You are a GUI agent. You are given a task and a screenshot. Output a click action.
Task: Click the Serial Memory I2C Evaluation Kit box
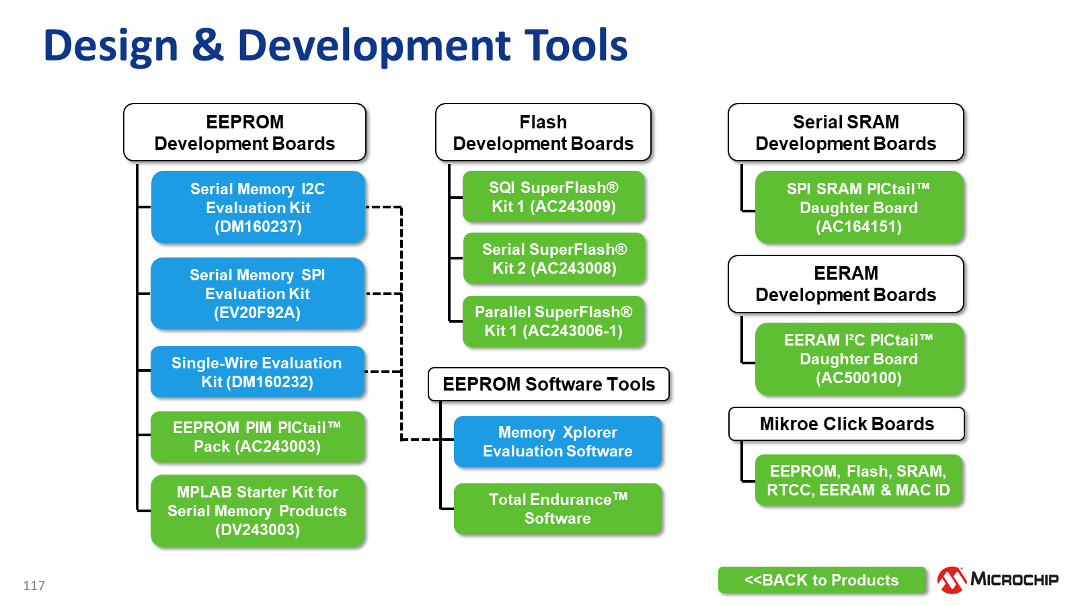click(258, 207)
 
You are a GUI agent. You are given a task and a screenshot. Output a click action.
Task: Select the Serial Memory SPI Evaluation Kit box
click(258, 294)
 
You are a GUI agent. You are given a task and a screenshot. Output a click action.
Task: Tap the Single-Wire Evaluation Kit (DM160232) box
click(258, 372)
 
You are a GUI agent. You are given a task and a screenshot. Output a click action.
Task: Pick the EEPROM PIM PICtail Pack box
click(258, 437)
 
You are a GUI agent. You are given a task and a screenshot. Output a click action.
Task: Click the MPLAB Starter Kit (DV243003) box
click(258, 511)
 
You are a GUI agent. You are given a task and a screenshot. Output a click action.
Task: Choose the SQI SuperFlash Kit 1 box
click(553, 197)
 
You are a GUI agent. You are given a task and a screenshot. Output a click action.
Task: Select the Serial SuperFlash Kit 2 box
click(554, 259)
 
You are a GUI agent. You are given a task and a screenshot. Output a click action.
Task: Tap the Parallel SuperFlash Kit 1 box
click(553, 321)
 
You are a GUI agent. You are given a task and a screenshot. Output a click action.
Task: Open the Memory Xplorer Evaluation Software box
click(558, 442)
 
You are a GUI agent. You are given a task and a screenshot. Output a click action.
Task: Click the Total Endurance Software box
click(558, 509)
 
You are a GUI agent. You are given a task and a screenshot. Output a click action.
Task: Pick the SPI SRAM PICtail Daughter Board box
click(859, 207)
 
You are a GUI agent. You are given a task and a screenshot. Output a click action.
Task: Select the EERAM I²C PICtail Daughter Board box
click(859, 359)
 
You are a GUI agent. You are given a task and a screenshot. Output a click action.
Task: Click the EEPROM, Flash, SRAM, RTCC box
click(859, 481)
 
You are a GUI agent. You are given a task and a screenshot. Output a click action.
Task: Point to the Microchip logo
click(997, 579)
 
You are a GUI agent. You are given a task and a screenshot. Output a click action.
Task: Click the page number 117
click(34, 586)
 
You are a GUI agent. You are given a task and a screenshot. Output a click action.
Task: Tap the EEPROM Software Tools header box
click(549, 385)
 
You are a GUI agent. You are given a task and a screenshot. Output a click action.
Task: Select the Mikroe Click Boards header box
click(847, 424)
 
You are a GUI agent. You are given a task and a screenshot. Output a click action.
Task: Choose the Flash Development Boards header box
click(543, 132)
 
